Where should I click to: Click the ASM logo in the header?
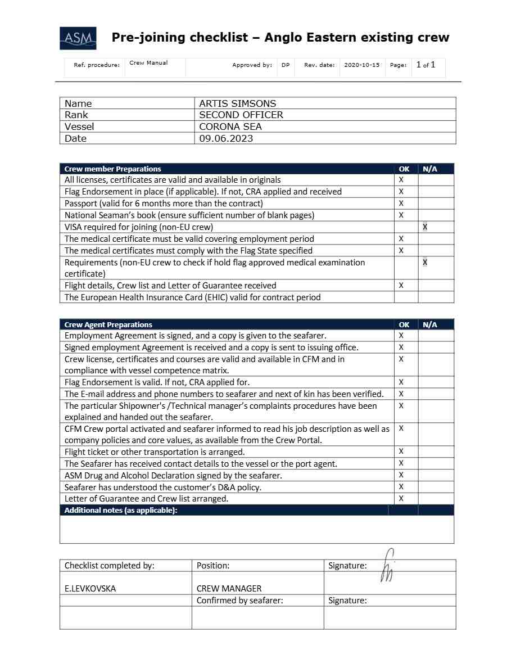78,38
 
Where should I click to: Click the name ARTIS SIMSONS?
237,103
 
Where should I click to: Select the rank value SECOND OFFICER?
241,115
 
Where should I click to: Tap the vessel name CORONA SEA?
230,127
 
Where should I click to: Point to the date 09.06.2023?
226,138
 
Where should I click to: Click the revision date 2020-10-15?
361,65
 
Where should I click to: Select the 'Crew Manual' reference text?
148,63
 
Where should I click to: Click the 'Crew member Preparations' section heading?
112,169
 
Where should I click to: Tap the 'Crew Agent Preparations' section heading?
108,324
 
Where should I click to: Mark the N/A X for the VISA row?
425,227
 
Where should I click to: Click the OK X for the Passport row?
401,203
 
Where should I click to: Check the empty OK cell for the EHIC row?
406,297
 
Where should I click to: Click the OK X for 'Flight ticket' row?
401,452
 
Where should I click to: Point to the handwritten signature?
388,565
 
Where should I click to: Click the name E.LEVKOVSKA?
90,589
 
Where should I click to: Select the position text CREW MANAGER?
229,589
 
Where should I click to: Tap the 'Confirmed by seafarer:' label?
239,601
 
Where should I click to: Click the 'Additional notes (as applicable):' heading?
120,510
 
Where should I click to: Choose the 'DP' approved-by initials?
286,65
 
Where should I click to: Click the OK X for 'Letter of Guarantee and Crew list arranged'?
401,498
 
